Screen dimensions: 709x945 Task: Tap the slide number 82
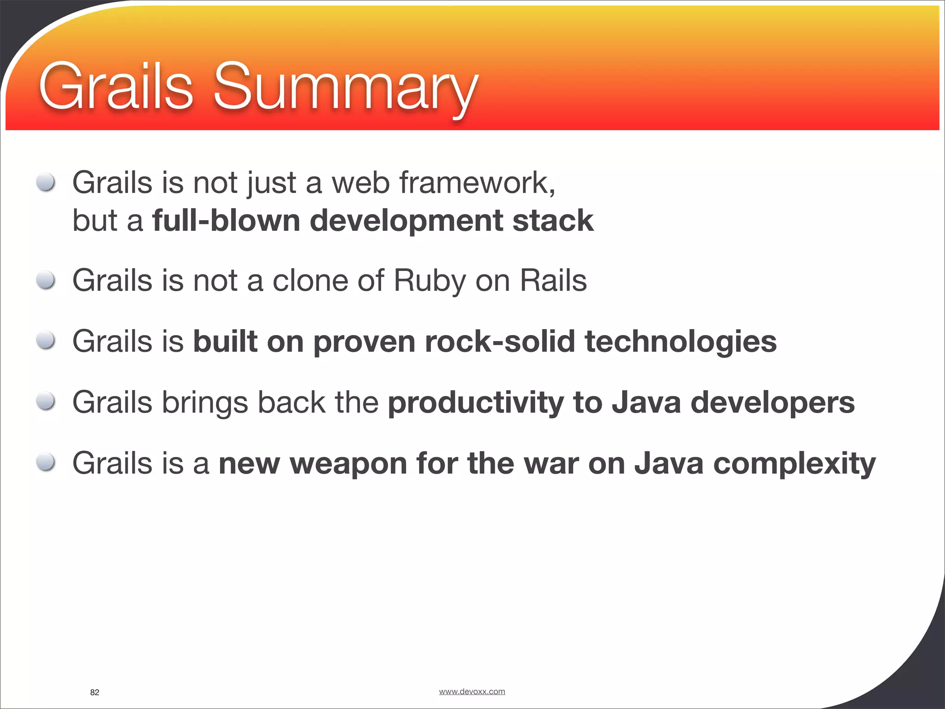[x=95, y=692]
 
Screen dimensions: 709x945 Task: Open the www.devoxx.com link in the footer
[x=472, y=691]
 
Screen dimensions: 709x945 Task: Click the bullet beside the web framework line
[x=46, y=182]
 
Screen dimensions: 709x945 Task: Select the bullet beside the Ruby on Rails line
[x=46, y=280]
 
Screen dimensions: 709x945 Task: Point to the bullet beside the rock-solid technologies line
[x=46, y=341]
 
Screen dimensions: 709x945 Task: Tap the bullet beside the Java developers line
[x=46, y=402]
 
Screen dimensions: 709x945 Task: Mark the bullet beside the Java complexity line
[x=46, y=463]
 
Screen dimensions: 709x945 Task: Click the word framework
[x=477, y=183]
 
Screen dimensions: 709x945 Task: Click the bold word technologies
[x=680, y=342]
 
